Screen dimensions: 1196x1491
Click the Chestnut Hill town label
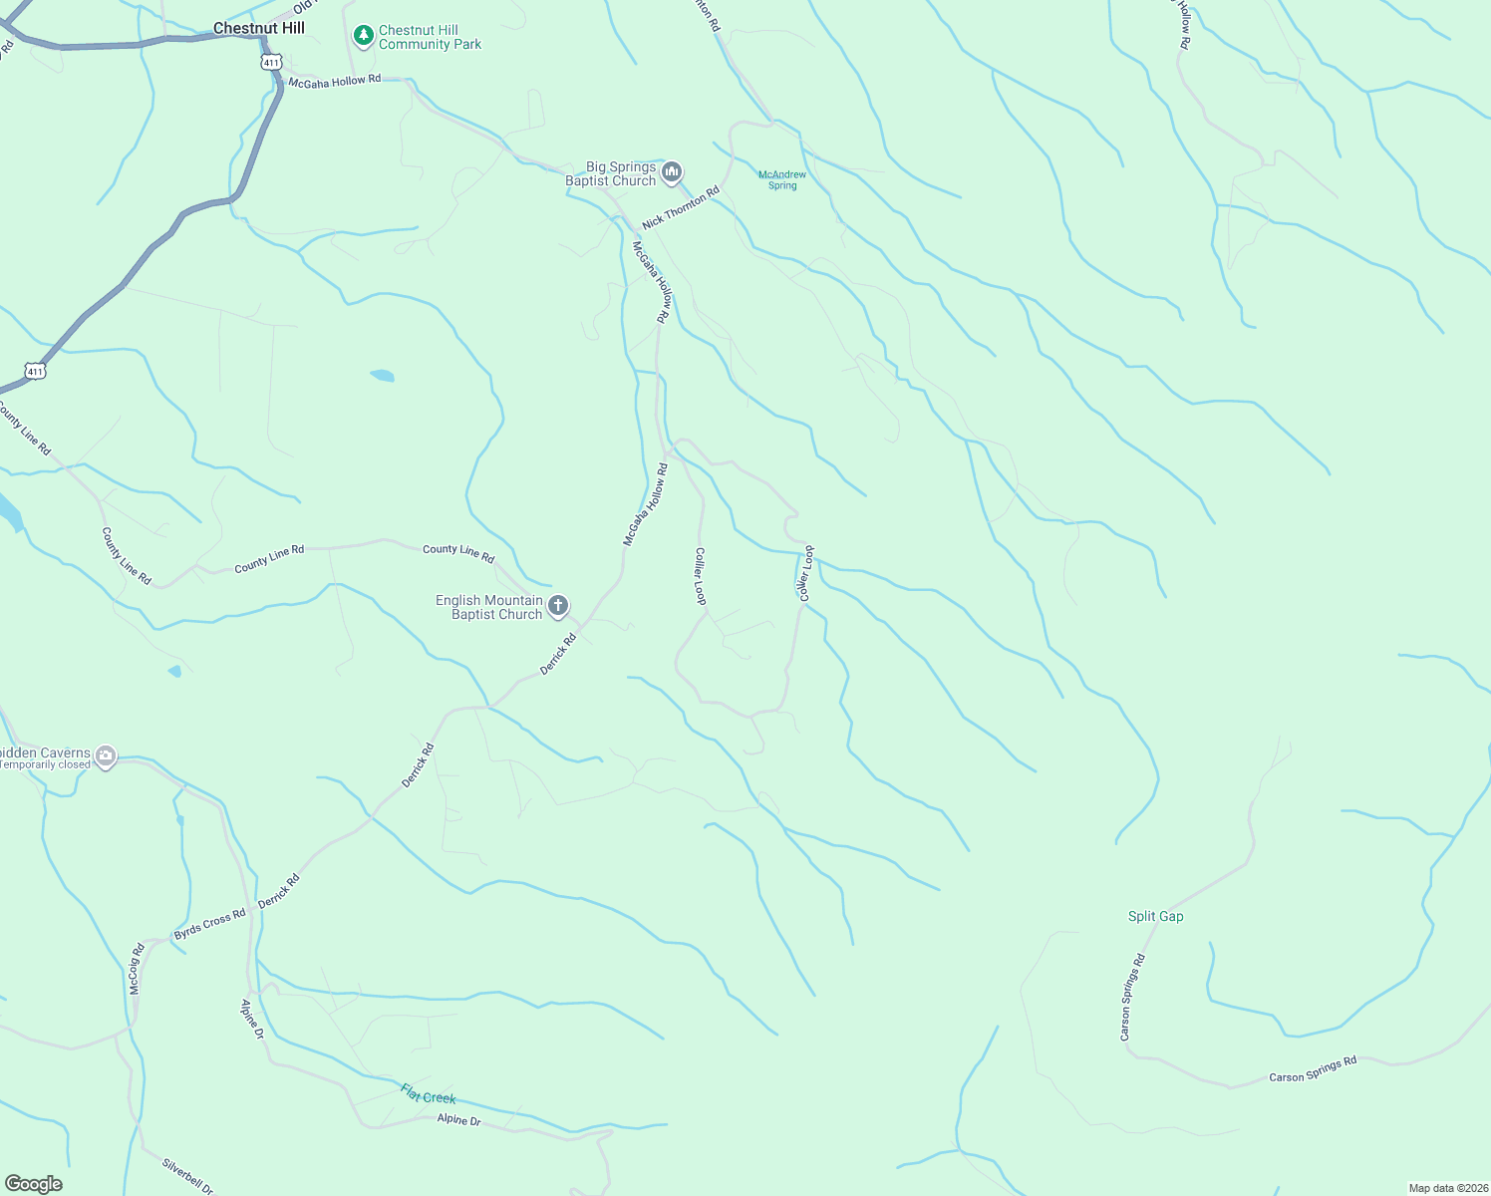259,28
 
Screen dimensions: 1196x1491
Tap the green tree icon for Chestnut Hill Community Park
364,37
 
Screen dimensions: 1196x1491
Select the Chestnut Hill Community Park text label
430,38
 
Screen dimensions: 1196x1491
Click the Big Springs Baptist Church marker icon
672,173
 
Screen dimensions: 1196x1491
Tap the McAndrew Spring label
782,180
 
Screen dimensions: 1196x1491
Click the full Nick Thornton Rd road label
681,208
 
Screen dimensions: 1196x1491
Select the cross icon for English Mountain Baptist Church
558,606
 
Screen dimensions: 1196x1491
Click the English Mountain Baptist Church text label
489,607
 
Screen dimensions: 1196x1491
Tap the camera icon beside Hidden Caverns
105,757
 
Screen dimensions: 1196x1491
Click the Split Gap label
1155,916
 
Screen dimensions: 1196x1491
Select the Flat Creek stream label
429,1093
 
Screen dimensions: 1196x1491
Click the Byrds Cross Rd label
209,925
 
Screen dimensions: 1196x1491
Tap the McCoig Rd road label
137,969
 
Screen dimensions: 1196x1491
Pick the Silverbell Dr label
187,1176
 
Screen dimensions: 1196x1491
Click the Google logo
33,1184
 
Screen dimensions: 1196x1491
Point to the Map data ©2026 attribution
1447,1188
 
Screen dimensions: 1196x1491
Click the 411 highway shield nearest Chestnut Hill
271,62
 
